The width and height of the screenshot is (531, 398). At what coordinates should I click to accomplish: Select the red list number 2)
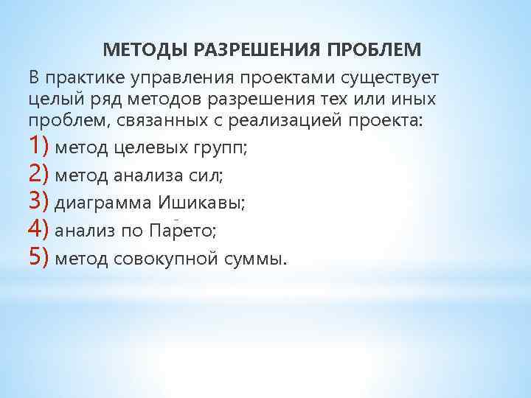pyautogui.click(x=39, y=174)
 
